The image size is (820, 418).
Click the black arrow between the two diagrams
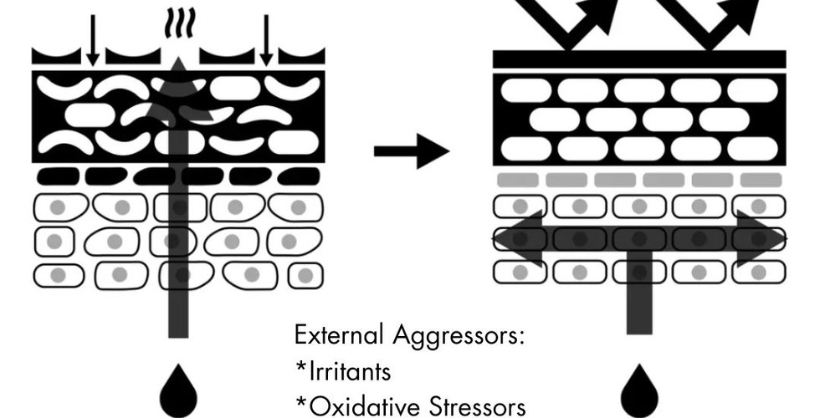(411, 151)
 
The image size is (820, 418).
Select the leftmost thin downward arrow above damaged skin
(92, 40)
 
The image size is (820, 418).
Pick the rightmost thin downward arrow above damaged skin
(266, 40)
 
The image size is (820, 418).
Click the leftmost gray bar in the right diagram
(518, 180)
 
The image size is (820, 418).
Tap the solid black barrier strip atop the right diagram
(638, 59)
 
